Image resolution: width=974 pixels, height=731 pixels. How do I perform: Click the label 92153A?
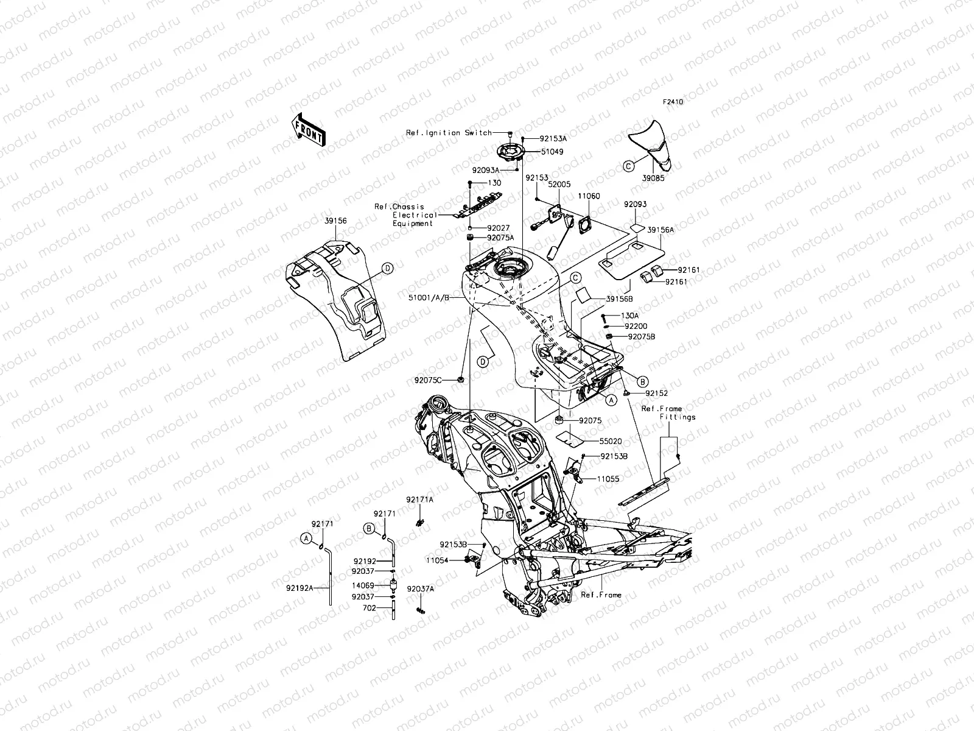pyautogui.click(x=552, y=138)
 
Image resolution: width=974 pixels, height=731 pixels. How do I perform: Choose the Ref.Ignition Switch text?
pyautogui.click(x=449, y=133)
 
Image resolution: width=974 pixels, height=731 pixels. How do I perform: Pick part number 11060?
pyautogui.click(x=589, y=196)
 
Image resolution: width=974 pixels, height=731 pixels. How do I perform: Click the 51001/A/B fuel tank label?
pyautogui.click(x=430, y=298)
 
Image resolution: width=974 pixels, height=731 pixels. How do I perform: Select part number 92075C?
pyautogui.click(x=428, y=381)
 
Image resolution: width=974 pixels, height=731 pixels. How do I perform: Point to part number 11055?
pyautogui.click(x=608, y=479)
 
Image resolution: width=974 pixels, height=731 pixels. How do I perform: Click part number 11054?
pyautogui.click(x=437, y=559)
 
